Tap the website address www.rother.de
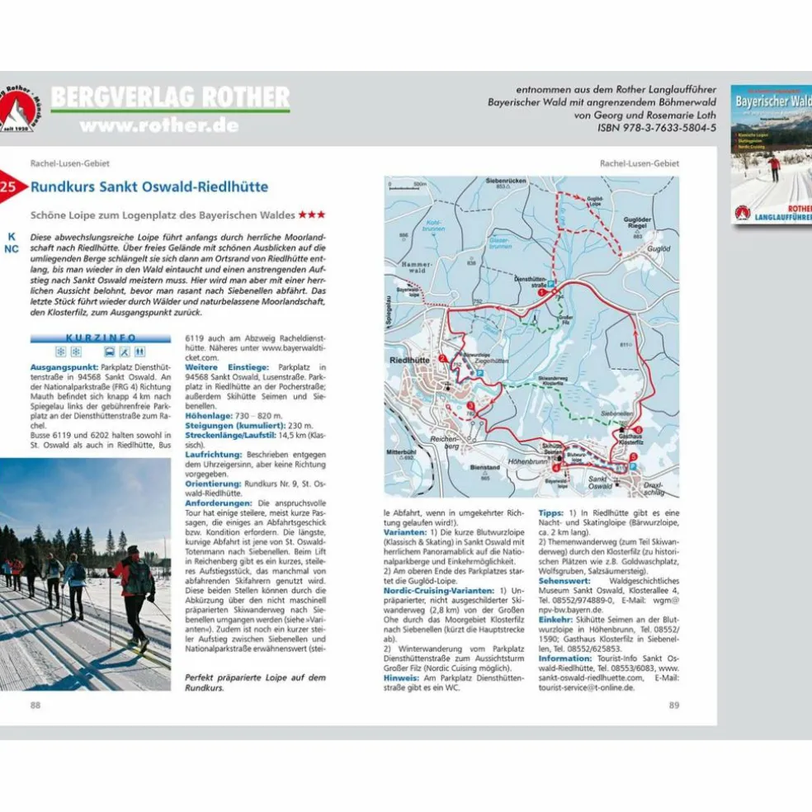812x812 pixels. (159, 125)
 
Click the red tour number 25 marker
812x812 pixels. (9, 186)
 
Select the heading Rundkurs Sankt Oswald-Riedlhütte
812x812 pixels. (149, 186)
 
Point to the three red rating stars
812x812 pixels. (312, 215)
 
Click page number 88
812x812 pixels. (35, 705)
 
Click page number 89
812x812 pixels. (674, 705)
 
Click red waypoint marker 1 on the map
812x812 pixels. (542, 292)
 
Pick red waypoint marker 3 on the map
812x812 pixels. (470, 405)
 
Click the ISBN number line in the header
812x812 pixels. (657, 128)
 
